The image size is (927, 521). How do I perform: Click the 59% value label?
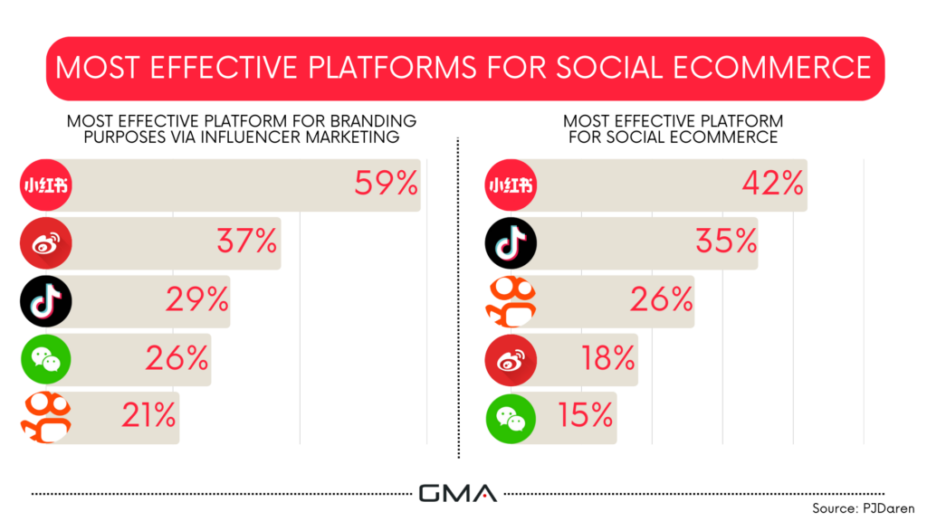click(x=386, y=183)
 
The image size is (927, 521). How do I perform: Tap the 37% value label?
click(x=247, y=241)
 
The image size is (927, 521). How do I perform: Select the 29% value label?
click(x=196, y=299)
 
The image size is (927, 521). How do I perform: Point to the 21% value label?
click(x=148, y=415)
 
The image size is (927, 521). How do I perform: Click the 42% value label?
click(x=773, y=183)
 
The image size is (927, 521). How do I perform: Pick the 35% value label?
click(x=726, y=241)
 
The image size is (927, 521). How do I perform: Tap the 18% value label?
click(x=608, y=358)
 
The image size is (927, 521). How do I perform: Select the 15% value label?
click(x=586, y=415)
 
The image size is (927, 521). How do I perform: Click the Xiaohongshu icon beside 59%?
click(x=45, y=185)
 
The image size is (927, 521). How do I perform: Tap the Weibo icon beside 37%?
click(x=45, y=242)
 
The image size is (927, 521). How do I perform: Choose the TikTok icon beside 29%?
click(x=45, y=301)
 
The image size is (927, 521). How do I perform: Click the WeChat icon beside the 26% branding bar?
click(x=45, y=359)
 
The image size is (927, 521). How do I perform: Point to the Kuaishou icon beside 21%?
click(x=46, y=417)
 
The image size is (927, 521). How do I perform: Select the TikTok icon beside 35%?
click(x=511, y=242)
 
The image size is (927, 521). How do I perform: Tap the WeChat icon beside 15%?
click(x=511, y=418)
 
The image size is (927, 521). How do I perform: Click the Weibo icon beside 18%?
click(x=511, y=360)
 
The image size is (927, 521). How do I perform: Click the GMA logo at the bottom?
click(x=457, y=493)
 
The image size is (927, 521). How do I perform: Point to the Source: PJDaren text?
click(x=863, y=508)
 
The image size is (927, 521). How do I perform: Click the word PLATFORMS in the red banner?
click(x=393, y=68)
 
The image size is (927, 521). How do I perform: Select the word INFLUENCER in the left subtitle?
click(x=251, y=137)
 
